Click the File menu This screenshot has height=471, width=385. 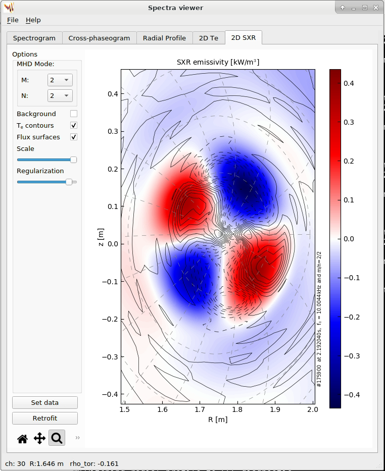(13, 20)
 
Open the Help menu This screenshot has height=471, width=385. (33, 20)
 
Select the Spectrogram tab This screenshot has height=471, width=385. (34, 38)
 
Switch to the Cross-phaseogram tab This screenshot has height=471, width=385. (99, 38)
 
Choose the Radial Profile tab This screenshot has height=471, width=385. (164, 38)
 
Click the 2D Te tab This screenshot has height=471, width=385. (209, 38)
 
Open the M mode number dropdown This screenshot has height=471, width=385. (60, 80)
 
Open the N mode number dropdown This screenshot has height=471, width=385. (60, 95)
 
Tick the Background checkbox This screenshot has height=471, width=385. (74, 114)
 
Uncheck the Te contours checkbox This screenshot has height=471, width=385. (74, 125)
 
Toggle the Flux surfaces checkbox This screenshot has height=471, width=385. (74, 137)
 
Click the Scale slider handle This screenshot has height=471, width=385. (73, 160)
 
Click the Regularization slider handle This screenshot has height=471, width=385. (69, 182)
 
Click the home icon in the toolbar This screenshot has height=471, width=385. (22, 439)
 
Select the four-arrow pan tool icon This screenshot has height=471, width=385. (39, 438)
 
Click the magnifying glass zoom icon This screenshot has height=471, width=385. (57, 438)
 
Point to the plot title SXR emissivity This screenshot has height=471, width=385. (218, 62)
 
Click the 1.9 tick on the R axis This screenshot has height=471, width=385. (275, 409)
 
